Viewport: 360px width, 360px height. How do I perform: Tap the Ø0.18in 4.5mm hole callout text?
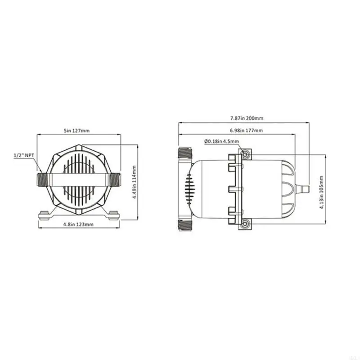point(221,141)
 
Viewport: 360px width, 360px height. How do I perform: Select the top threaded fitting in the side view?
point(186,154)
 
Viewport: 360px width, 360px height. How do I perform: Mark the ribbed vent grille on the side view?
point(189,189)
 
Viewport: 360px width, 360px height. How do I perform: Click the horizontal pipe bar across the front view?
point(79,179)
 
